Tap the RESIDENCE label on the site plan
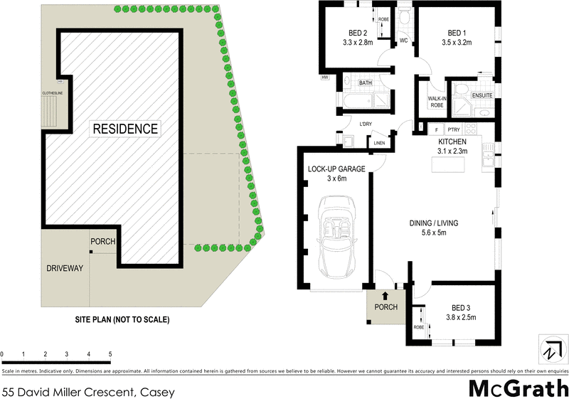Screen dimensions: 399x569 (x=125, y=129)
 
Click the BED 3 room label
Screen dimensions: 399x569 (x=462, y=307)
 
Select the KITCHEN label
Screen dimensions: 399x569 (x=452, y=142)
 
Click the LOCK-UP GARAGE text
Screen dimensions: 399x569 (x=336, y=169)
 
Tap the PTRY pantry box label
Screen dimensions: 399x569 (x=454, y=129)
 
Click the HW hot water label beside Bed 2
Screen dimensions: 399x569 (x=324, y=77)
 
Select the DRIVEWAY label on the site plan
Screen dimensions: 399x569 (x=65, y=268)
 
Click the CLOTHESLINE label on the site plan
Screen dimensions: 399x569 (x=52, y=93)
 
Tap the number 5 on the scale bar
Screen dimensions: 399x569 (x=110, y=353)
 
